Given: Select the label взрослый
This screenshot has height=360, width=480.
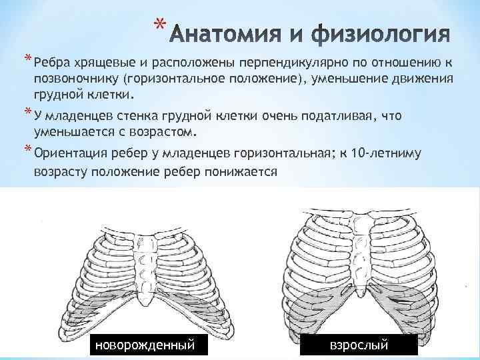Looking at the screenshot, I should click(359, 345).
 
